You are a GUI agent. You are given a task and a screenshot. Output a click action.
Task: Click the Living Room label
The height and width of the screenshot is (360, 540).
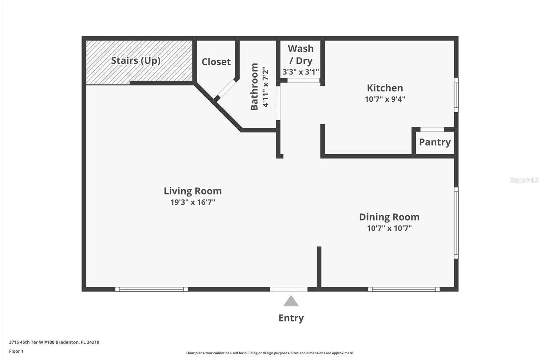click(193, 191)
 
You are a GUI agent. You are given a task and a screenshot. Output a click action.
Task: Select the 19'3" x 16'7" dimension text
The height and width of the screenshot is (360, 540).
click(193, 202)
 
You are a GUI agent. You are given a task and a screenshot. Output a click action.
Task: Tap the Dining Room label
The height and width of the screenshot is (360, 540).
click(389, 217)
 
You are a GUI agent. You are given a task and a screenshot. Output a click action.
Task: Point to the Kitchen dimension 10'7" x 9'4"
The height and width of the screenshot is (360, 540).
click(385, 99)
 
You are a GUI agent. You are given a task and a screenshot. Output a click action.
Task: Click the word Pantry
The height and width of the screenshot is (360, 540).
click(435, 142)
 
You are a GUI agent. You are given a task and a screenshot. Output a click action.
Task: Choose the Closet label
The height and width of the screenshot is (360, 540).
click(216, 62)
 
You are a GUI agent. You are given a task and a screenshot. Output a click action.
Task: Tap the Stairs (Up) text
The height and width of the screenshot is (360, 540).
click(136, 61)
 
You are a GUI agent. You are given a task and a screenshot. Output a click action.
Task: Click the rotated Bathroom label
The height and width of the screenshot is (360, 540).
click(254, 86)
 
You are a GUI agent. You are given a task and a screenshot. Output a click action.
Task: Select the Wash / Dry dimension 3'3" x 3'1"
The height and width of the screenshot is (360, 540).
click(300, 72)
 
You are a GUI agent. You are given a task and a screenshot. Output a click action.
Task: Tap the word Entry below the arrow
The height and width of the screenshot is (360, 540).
click(291, 318)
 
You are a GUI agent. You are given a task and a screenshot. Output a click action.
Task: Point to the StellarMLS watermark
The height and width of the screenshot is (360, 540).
click(524, 180)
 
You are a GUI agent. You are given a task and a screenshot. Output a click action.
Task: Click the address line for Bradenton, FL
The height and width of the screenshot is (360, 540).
click(54, 342)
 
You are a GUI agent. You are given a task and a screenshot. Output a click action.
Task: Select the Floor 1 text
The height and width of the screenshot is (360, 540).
click(16, 351)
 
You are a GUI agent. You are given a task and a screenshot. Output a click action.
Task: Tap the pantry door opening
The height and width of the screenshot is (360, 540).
click(432, 129)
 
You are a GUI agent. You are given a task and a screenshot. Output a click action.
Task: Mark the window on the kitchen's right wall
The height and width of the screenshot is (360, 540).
click(456, 95)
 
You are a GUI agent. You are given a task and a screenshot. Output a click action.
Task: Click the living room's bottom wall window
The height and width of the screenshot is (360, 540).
click(151, 289)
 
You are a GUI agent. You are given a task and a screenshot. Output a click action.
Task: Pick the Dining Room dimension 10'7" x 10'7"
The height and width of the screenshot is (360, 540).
click(389, 228)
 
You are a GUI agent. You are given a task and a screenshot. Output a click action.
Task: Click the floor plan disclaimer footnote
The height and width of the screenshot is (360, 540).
click(270, 353)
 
